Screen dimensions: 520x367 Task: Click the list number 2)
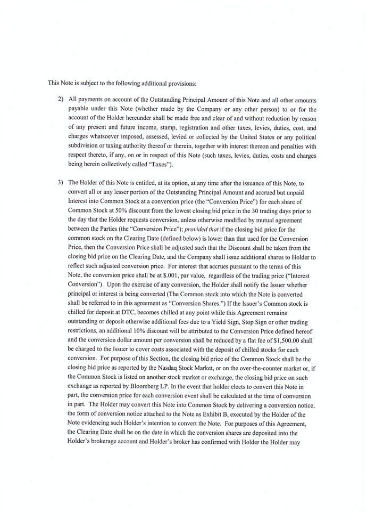click(61, 100)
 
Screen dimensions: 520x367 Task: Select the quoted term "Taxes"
click(158, 165)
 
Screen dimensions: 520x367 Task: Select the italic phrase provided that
click(199, 230)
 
